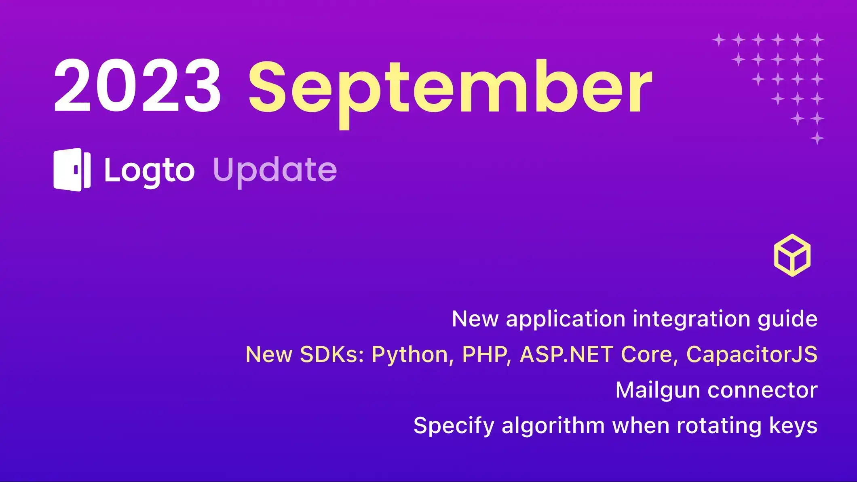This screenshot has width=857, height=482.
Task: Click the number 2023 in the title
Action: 137,86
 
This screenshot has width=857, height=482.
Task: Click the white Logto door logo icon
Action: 72,170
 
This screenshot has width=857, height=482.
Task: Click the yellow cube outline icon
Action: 792,255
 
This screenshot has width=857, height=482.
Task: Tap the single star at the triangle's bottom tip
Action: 817,138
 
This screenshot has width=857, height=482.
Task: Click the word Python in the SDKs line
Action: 410,355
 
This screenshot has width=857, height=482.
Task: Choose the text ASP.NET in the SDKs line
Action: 566,355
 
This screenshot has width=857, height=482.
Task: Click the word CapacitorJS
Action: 752,355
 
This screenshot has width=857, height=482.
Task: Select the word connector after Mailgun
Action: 762,390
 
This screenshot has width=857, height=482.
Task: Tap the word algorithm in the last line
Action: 553,426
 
